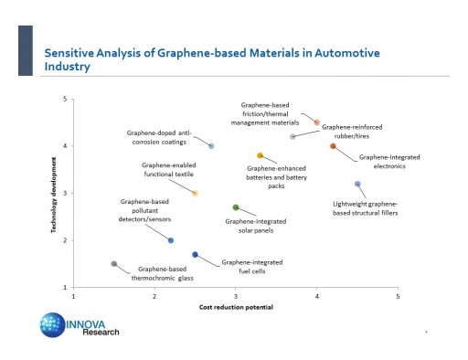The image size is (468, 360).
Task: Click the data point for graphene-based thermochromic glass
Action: click(113, 264)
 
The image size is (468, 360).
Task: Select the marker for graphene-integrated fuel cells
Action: click(195, 255)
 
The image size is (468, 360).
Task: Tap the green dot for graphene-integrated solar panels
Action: click(236, 207)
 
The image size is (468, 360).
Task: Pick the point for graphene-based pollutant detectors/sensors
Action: click(171, 240)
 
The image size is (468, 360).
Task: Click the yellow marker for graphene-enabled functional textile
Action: click(195, 193)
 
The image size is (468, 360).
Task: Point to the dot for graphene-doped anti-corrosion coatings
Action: click(211, 146)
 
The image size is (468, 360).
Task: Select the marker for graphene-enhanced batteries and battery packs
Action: click(260, 155)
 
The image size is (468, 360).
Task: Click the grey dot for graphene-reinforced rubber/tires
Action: click(292, 136)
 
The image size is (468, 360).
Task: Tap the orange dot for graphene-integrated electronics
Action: click(333, 146)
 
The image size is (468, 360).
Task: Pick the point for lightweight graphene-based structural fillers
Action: click(357, 184)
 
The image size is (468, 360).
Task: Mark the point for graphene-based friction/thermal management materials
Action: click(316, 122)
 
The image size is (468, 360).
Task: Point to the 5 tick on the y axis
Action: click(64, 99)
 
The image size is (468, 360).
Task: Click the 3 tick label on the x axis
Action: click(236, 296)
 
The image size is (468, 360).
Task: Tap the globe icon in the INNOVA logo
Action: click(51, 325)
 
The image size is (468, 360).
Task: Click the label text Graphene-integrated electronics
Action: click(389, 162)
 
